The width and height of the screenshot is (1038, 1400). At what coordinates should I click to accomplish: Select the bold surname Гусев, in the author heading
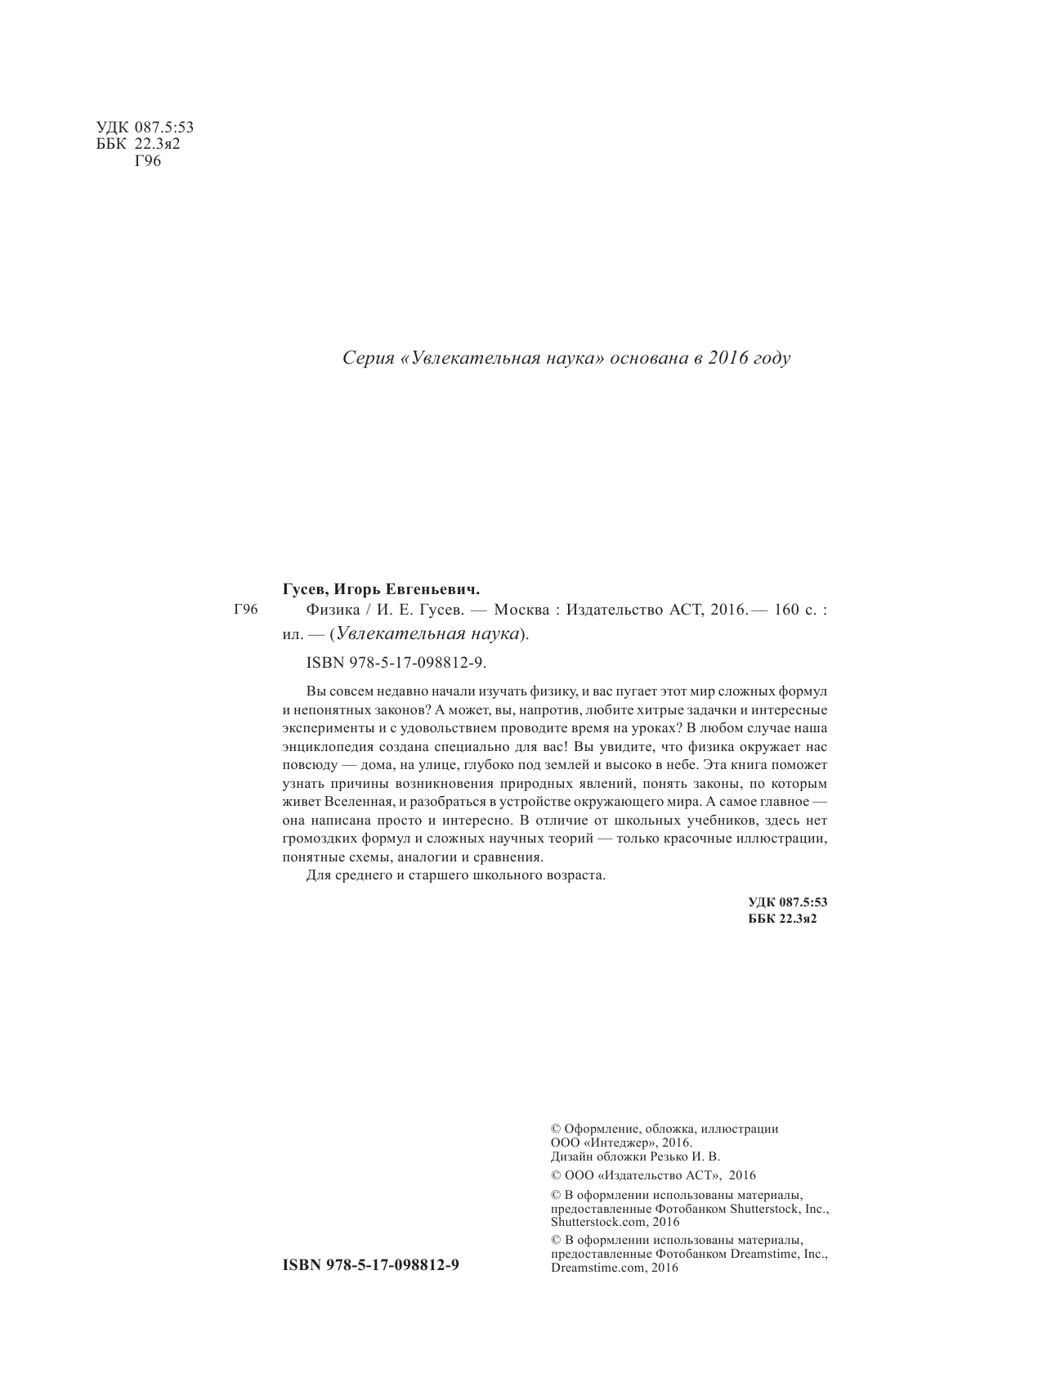(306, 588)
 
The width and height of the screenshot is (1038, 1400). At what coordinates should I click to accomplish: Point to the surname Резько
(671, 1156)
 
